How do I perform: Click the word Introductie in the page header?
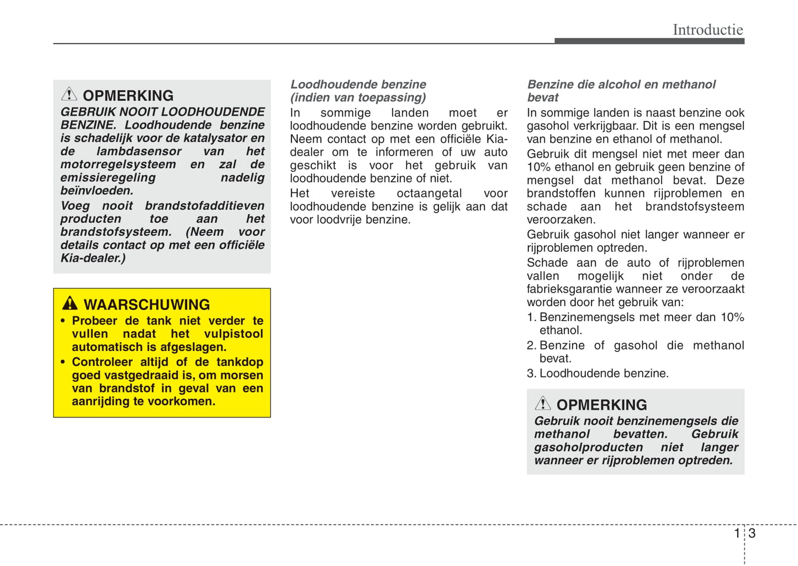[707, 30]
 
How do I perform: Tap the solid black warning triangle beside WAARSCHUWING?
[70, 303]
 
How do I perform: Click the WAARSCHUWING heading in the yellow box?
[146, 305]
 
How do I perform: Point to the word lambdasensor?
[139, 151]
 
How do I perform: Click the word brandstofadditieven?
[204, 206]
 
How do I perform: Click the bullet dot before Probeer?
[63, 321]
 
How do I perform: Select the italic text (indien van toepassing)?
[358, 98]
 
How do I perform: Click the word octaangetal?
[429, 194]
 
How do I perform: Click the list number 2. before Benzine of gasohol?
[531, 346]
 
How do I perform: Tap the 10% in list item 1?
[732, 317]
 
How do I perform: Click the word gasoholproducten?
[588, 447]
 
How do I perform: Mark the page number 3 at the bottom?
[752, 533]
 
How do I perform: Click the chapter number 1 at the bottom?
[737, 533]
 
